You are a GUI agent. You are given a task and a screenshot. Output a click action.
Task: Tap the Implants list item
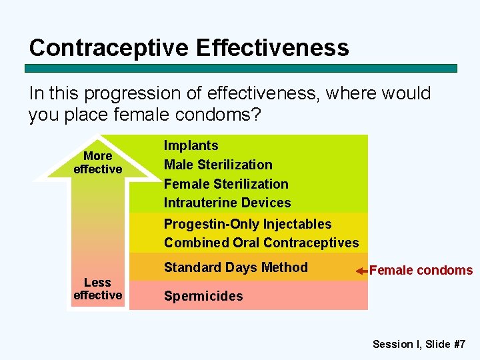coord(191,145)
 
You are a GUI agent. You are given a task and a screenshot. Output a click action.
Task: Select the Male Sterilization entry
coord(218,165)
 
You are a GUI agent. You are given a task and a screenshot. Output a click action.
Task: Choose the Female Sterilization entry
coord(226,184)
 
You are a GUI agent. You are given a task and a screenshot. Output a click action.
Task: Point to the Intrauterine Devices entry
coord(227,203)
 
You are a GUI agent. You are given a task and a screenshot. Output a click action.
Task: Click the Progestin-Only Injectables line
coord(247,224)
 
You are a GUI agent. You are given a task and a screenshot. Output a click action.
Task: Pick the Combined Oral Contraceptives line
coord(261,243)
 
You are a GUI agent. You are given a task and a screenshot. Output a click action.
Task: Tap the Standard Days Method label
coord(236,267)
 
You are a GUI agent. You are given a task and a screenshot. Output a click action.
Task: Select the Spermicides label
coord(203,296)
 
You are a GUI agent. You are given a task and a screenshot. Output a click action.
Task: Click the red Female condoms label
coord(421,271)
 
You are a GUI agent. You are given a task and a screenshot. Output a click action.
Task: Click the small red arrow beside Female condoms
coord(361,271)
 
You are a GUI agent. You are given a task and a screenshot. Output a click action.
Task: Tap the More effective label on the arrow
coord(97,163)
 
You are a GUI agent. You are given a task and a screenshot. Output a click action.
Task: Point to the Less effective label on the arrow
coord(97,289)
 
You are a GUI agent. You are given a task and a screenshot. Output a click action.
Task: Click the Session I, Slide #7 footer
coord(419,344)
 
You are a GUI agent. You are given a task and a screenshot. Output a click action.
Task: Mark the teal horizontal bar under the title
coord(241,68)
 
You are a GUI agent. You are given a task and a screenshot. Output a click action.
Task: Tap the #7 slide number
coord(458,344)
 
